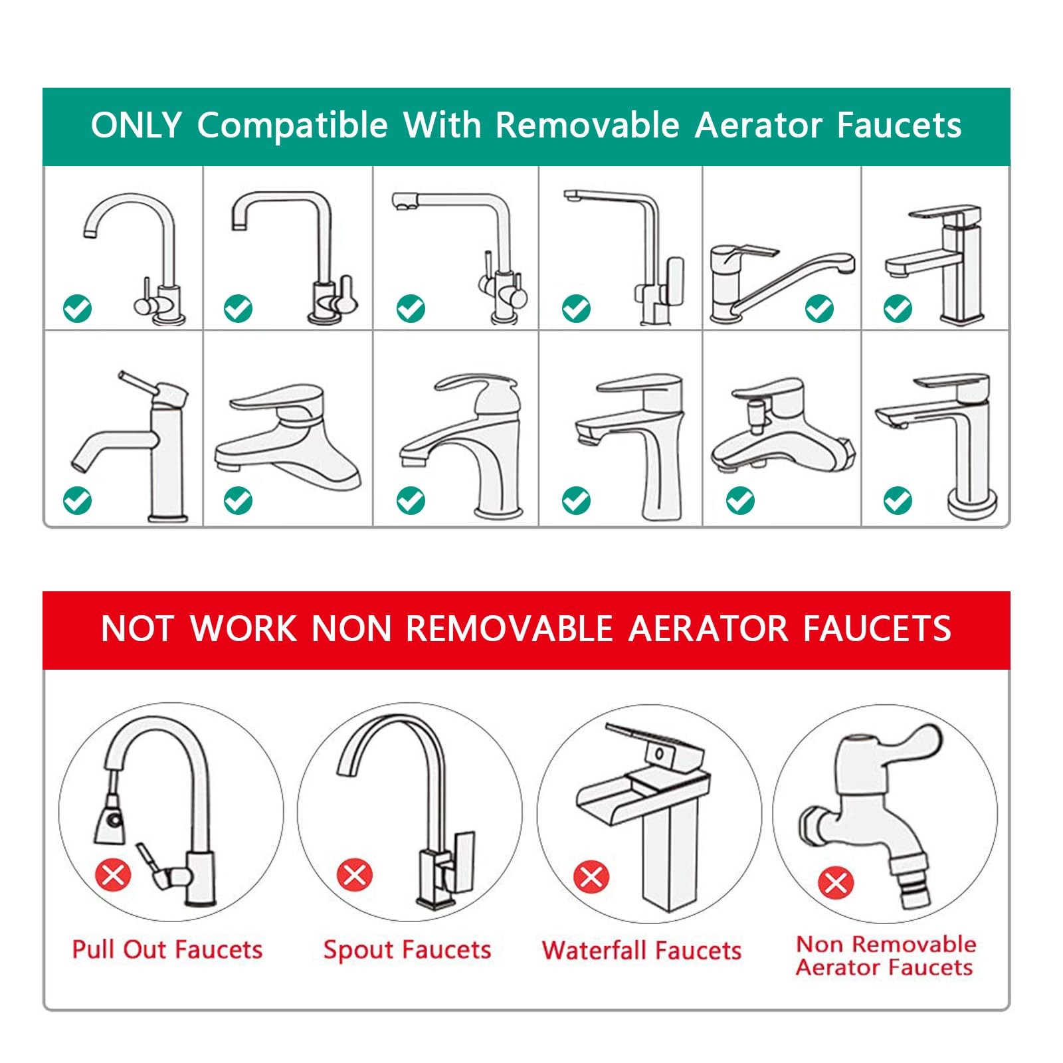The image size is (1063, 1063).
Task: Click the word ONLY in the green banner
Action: click(x=136, y=125)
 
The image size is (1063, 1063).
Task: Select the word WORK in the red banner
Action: click(x=244, y=628)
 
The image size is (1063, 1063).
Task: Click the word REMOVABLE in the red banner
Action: click(x=510, y=628)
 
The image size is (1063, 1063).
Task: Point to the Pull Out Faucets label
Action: click(x=167, y=949)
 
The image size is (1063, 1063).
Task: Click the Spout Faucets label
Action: click(x=407, y=949)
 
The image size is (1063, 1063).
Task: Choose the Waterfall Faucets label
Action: click(x=642, y=950)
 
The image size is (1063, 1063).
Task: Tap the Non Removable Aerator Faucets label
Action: click(x=886, y=955)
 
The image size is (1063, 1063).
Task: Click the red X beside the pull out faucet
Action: click(x=113, y=874)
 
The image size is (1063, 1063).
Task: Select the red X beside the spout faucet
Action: click(x=355, y=874)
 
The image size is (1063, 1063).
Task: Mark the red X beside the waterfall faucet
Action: click(x=591, y=876)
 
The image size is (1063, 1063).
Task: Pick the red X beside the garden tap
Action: click(x=836, y=884)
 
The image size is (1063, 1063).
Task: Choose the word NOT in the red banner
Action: click(x=139, y=628)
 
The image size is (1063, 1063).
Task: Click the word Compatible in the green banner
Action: click(x=292, y=125)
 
